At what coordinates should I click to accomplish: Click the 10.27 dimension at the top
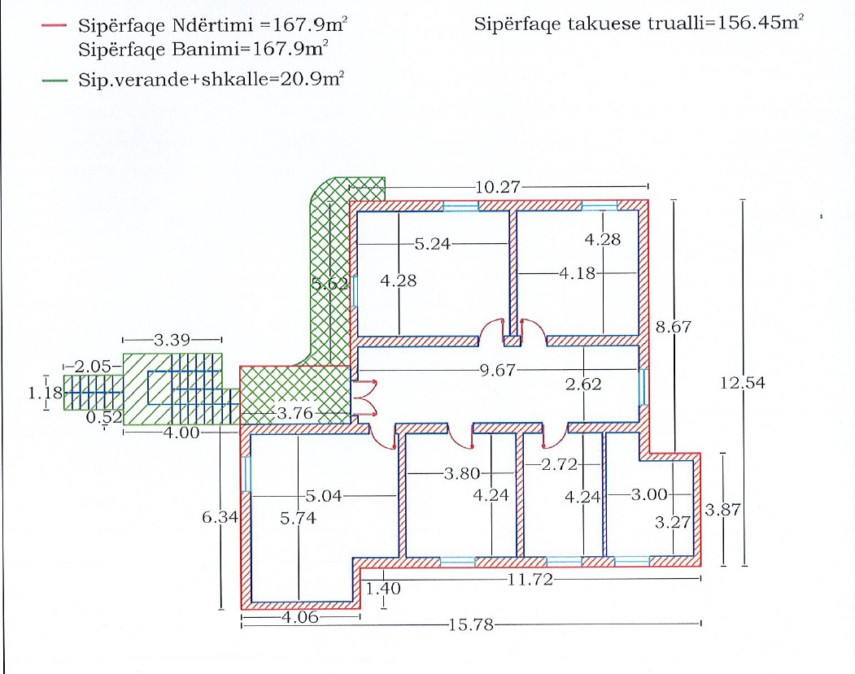498,188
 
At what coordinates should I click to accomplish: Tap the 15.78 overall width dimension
471,624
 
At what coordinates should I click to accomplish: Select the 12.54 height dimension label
743,382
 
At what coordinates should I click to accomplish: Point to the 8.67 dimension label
674,327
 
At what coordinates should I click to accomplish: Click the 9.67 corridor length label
497,371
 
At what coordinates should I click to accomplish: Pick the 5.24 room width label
433,244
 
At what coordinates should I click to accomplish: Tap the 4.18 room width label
578,273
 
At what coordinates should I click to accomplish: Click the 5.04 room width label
323,496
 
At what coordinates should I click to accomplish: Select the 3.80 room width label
462,473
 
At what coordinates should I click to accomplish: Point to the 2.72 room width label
560,464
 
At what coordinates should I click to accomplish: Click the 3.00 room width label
649,495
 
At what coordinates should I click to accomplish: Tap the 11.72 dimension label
530,579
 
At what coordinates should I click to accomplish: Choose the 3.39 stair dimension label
172,340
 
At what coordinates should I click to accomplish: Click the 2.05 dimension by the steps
93,366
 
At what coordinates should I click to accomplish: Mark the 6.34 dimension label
220,516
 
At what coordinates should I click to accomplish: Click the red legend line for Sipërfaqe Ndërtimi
55,25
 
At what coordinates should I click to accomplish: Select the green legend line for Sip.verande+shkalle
55,80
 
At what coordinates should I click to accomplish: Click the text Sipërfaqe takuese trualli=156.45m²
639,24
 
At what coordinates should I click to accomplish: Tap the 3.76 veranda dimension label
295,414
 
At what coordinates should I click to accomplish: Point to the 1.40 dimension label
383,589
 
